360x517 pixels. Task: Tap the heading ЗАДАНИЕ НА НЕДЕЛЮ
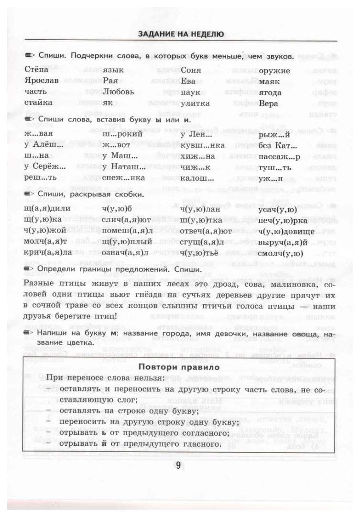click(181, 34)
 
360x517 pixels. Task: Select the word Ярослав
click(42, 81)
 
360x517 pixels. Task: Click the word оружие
click(274, 70)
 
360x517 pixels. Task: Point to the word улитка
click(193, 103)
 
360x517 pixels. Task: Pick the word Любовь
click(118, 92)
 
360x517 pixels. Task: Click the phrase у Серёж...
click(44, 167)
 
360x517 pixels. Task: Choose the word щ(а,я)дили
click(47, 208)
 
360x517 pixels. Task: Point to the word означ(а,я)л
click(125, 253)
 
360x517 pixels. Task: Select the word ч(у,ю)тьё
click(200, 253)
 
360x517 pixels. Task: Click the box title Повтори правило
click(179, 367)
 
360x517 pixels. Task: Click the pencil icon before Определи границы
click(29, 269)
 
